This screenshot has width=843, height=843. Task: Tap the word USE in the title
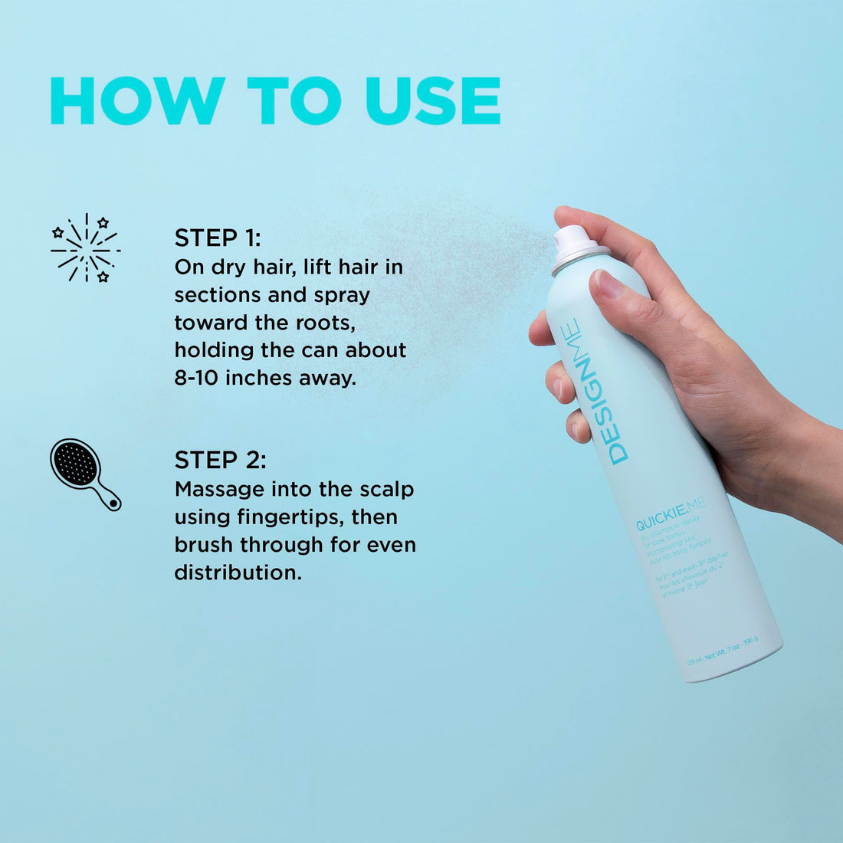coord(433,100)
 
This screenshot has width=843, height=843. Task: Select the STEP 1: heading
coord(218,238)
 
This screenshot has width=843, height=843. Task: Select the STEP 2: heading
coord(221,460)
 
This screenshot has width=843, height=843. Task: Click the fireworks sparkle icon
coord(85,248)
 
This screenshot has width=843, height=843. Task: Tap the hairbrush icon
coord(84,473)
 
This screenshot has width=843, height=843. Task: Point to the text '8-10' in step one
coord(197,378)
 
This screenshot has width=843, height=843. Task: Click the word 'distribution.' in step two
coord(238,572)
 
